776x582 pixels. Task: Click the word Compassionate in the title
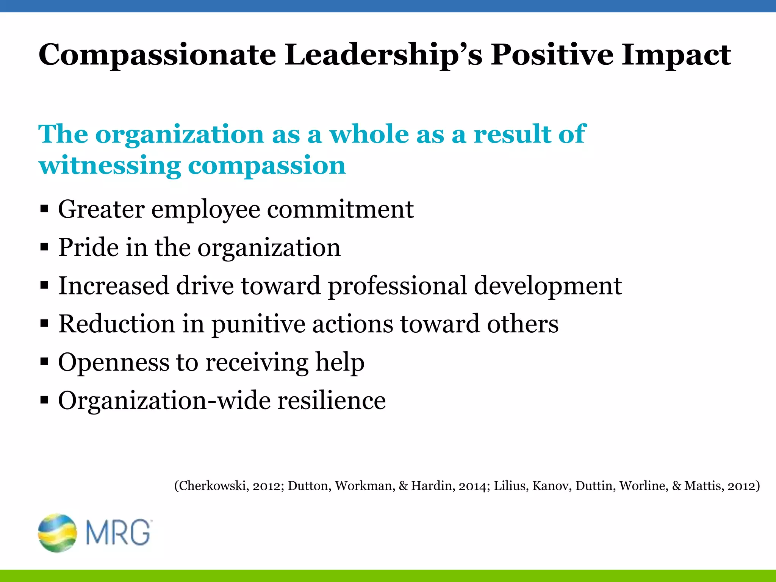(x=157, y=55)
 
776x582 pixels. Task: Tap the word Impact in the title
(x=676, y=55)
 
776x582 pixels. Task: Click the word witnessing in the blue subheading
(x=110, y=166)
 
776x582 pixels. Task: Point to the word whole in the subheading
(x=369, y=134)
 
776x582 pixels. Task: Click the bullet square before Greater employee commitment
(x=44, y=209)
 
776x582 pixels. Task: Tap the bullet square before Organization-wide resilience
(x=44, y=400)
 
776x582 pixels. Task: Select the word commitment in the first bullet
(x=340, y=209)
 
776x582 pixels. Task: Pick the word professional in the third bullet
(x=397, y=286)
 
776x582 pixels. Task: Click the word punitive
(x=258, y=324)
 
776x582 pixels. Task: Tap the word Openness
(x=114, y=363)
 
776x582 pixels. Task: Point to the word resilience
(x=332, y=401)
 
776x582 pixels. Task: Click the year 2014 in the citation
(x=472, y=486)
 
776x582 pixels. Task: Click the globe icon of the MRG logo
(x=57, y=532)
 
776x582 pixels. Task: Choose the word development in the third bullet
(x=548, y=286)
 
